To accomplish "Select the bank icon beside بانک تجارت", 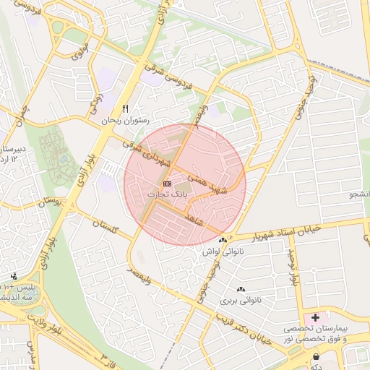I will click(x=167, y=184).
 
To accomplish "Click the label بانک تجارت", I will click(x=168, y=195).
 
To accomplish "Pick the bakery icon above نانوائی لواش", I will click(x=223, y=240).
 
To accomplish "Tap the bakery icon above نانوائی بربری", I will click(x=240, y=289).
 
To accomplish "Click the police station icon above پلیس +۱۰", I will click(x=14, y=276).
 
